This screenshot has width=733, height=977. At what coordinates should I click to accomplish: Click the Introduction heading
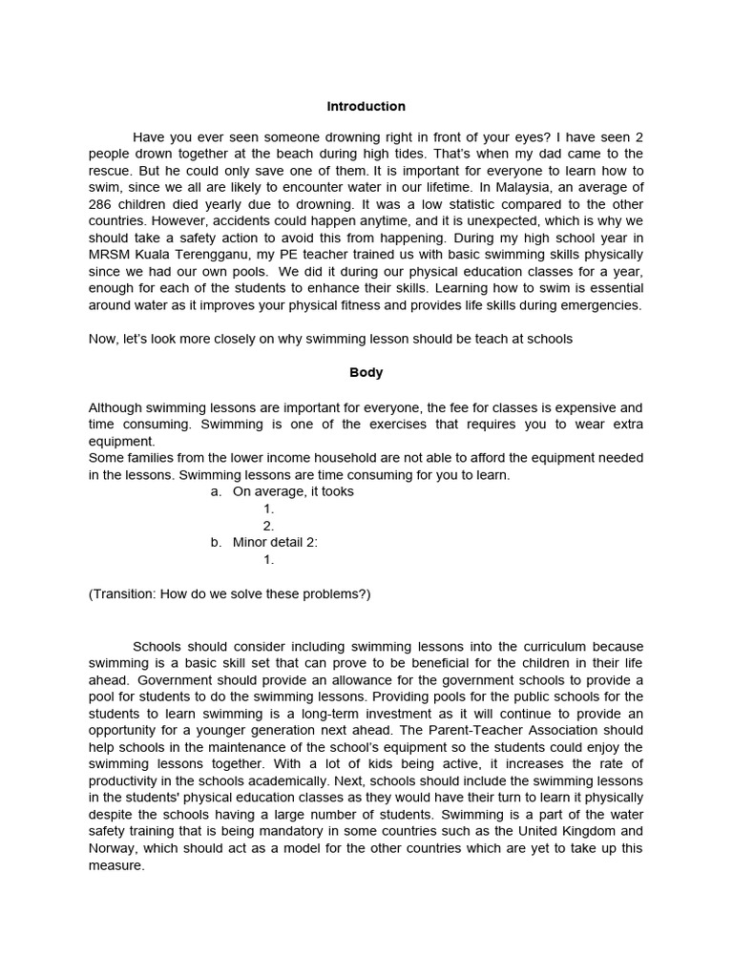tap(366, 107)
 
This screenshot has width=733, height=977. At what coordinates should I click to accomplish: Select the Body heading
tap(366, 373)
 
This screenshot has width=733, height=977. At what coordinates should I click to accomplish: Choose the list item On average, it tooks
tap(292, 491)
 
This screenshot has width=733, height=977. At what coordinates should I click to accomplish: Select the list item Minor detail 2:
tap(275, 542)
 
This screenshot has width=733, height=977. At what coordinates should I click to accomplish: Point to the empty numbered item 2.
tap(268, 526)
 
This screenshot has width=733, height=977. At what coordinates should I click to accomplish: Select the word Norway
tap(114, 849)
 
